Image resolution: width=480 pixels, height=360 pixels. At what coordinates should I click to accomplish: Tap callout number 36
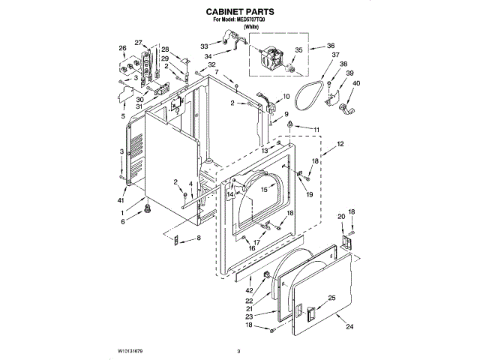pyautogui.click(x=331, y=46)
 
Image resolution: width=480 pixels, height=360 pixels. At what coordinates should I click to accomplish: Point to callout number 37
pyautogui.click(x=335, y=55)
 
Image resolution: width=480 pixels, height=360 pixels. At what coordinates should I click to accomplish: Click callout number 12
pyautogui.click(x=340, y=143)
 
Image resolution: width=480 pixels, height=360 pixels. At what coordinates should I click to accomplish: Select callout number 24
pyautogui.click(x=348, y=326)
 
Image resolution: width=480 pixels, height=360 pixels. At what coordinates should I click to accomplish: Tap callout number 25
pyautogui.click(x=331, y=298)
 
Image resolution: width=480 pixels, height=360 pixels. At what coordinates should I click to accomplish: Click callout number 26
pyautogui.click(x=122, y=49)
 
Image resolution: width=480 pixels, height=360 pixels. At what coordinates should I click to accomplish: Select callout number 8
pyautogui.click(x=199, y=238)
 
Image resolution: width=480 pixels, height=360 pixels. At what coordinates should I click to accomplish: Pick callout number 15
pyautogui.click(x=263, y=190)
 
